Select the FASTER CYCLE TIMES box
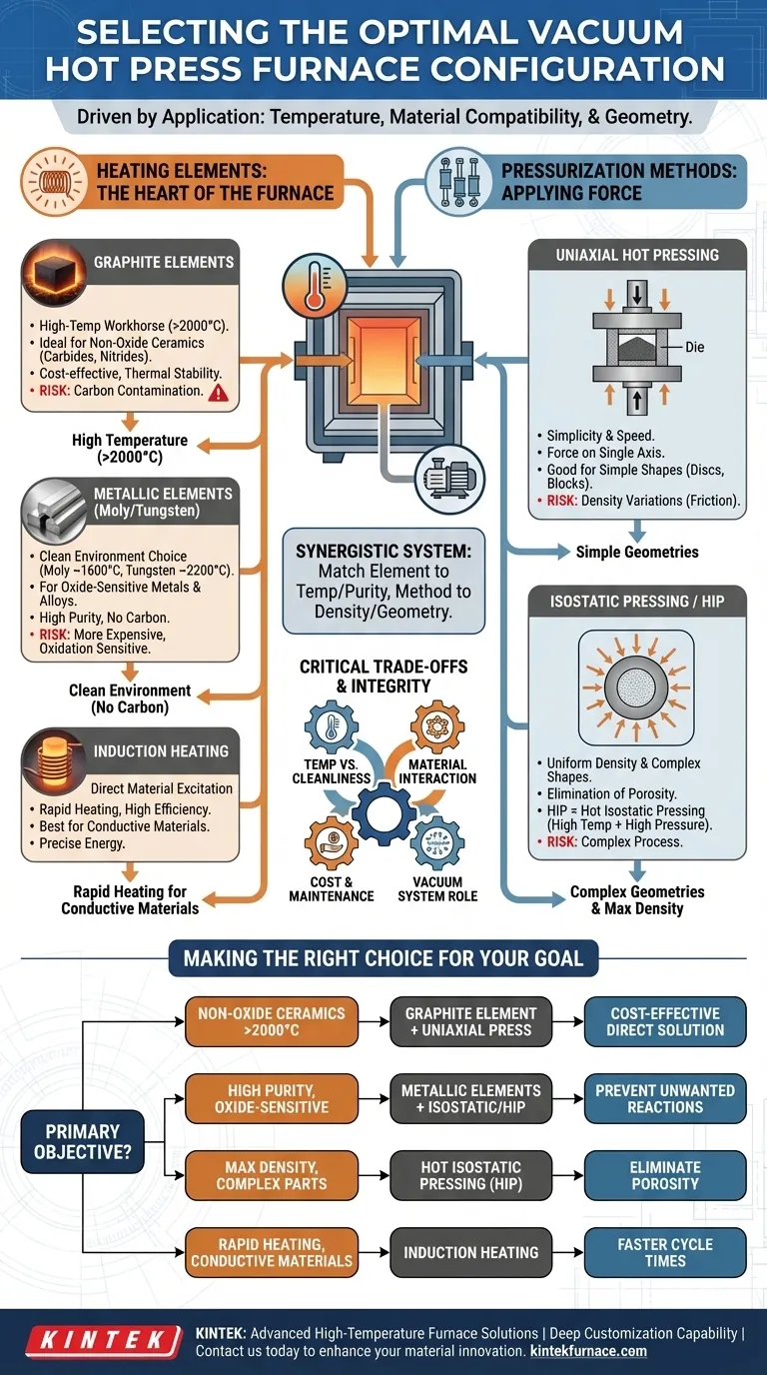pyautogui.click(x=665, y=1252)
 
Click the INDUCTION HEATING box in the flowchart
pyautogui.click(x=470, y=1252)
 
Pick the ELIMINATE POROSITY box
pyautogui.click(x=665, y=1175)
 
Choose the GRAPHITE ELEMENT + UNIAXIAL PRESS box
pyautogui.click(x=470, y=1021)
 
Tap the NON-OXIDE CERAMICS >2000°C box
pyautogui.click(x=271, y=1021)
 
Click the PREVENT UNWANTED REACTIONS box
pyautogui.click(x=665, y=1098)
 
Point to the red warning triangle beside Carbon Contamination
pyautogui.click(x=219, y=393)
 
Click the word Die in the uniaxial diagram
pyautogui.click(x=696, y=347)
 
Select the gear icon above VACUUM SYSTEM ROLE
pyautogui.click(x=436, y=845)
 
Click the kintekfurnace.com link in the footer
pyautogui.click(x=586, y=1351)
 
